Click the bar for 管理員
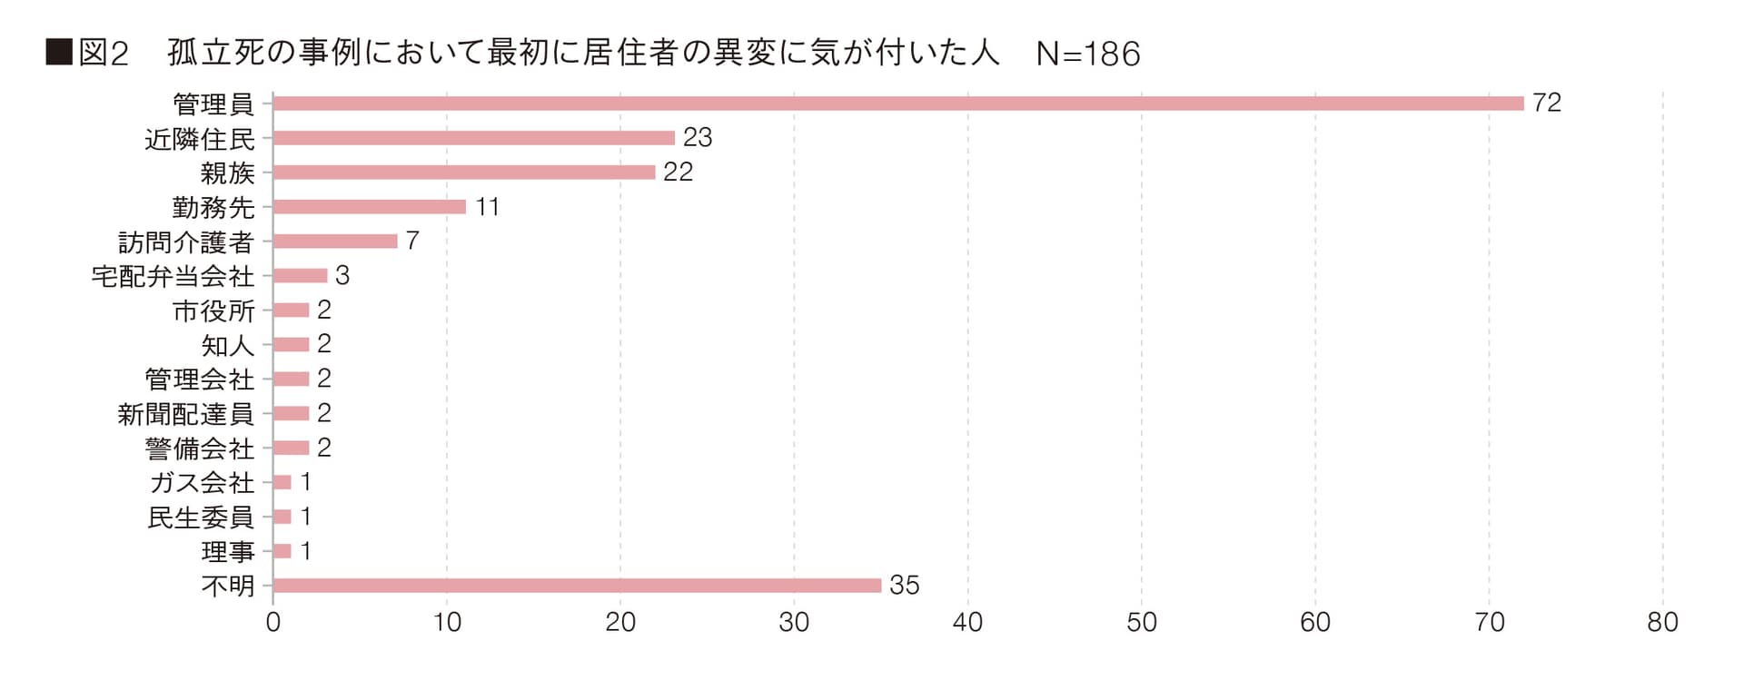point(897,103)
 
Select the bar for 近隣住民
point(473,138)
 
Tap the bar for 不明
point(577,586)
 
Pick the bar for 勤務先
point(369,207)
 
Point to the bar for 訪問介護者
point(334,241)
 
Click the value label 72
point(1546,103)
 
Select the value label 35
point(904,586)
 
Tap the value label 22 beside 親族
point(678,172)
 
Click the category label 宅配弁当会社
point(173,276)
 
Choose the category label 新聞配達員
point(185,414)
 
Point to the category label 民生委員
point(200,517)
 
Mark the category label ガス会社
point(202,483)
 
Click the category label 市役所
point(213,310)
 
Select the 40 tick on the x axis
point(967,623)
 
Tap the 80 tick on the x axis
point(1662,623)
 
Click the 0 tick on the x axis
point(272,623)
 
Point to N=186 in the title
point(1087,54)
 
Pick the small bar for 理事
point(282,551)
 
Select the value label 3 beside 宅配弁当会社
point(342,276)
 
